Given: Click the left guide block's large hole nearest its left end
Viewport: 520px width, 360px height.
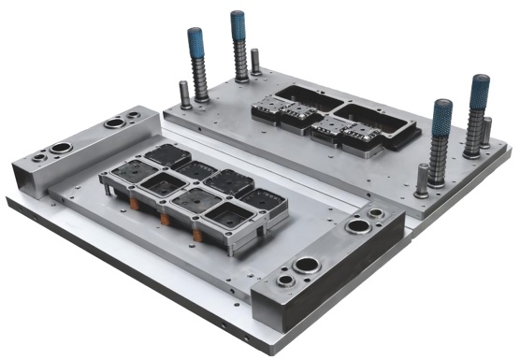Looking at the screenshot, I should (64, 147).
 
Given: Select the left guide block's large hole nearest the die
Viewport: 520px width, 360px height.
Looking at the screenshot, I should (115, 122).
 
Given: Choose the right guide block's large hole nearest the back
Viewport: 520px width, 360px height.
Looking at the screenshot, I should (357, 226).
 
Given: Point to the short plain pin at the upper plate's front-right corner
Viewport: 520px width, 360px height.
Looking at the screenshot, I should (423, 178).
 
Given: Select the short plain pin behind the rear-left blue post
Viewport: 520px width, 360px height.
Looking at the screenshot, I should (255, 61).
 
